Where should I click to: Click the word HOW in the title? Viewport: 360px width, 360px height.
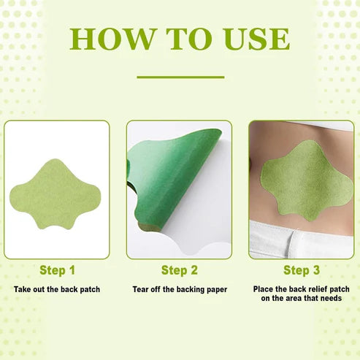[112, 39]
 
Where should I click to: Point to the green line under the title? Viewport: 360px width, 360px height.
[180, 76]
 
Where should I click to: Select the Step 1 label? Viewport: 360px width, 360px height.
[56, 271]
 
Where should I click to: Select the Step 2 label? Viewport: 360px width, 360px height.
[179, 271]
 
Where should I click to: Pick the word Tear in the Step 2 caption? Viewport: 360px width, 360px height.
[142, 290]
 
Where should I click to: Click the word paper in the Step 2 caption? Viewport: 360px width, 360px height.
[215, 290]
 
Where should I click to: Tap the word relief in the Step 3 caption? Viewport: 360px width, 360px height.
[317, 290]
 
